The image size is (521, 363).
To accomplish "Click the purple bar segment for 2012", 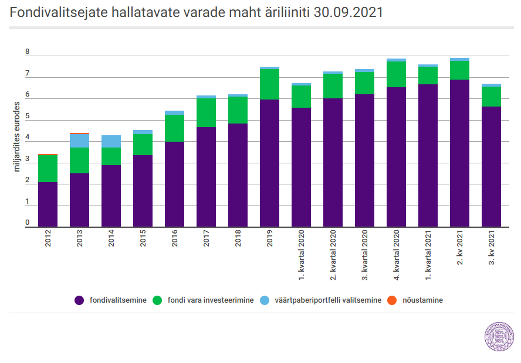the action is point(48,204).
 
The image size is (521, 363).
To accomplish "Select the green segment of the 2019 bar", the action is point(269,84).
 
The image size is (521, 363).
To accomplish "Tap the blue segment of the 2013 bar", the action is point(79,141).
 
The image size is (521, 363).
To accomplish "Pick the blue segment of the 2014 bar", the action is point(111,142).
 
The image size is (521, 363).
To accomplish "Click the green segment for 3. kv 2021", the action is point(492,97).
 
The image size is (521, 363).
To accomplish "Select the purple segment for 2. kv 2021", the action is point(459,153).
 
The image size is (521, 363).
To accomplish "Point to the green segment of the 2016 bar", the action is point(174,128).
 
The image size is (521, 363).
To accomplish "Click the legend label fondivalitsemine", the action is point(118,300).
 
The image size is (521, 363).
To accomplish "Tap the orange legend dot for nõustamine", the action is point(392,300).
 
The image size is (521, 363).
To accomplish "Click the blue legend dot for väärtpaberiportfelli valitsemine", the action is point(265,300).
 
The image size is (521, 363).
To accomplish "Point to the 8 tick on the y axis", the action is point(27,52).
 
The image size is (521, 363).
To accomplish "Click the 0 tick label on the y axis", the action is point(27,222).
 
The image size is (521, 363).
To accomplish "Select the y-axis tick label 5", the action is point(27,116).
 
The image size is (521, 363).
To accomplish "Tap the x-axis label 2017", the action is point(207,238).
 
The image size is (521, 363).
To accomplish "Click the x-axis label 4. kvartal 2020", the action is point(397,255).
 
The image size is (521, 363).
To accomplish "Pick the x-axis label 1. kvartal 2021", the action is point(428,255).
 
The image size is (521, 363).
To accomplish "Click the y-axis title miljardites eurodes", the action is point(16,136).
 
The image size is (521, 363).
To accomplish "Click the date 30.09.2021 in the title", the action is point(349,13).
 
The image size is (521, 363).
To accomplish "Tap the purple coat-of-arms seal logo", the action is point(499,336).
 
